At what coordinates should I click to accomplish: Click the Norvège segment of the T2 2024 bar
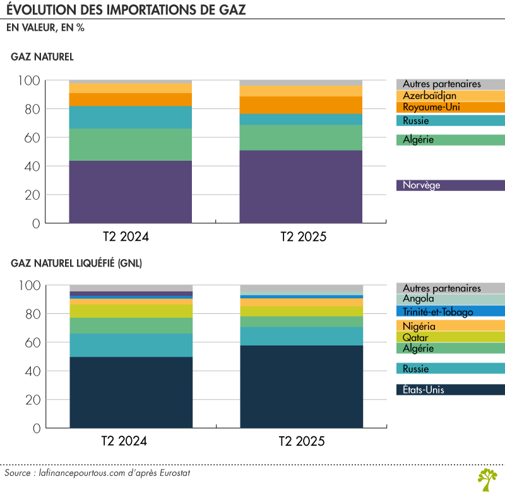(131, 192)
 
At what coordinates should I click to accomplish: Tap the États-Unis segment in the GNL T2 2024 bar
(131, 392)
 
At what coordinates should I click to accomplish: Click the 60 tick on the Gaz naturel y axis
(33, 138)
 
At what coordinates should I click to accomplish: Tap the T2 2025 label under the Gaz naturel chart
(303, 237)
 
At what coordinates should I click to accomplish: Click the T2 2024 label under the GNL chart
(125, 441)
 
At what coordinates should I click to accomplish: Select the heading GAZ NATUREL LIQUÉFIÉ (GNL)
(76, 264)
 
